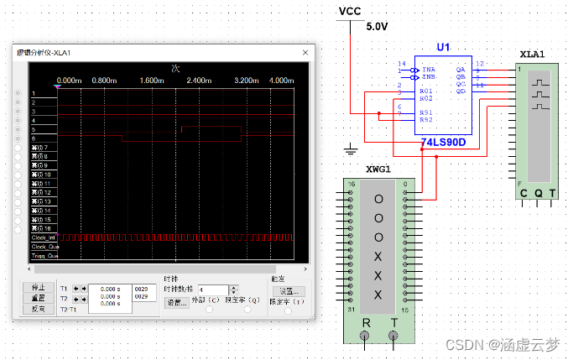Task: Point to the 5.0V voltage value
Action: [x=378, y=27]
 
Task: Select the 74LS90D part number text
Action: [x=443, y=142]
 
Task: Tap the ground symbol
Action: [x=351, y=149]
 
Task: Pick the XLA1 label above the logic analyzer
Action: [x=532, y=54]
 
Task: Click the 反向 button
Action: [x=38, y=309]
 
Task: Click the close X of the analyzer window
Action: [x=306, y=52]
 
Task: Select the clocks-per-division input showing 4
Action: [x=209, y=290]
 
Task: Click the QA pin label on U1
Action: [x=460, y=70]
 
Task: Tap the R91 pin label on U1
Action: [x=425, y=111]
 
